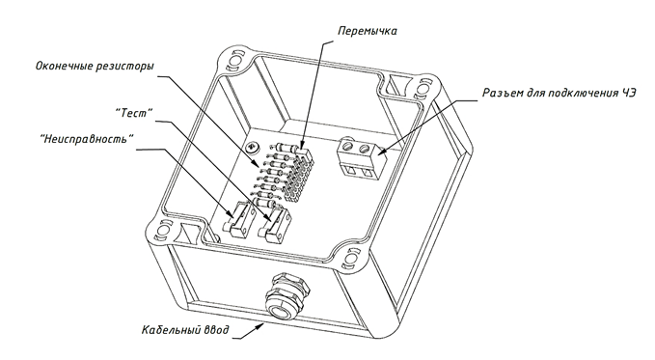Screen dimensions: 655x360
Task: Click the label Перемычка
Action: (368, 31)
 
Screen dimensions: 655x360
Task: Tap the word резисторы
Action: (124, 67)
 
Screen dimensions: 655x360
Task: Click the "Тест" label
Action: (134, 113)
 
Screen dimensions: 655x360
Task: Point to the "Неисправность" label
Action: (88, 139)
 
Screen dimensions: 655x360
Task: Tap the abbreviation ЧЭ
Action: (627, 93)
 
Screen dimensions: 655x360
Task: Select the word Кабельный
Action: (171, 330)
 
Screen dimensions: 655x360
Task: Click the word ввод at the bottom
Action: (216, 330)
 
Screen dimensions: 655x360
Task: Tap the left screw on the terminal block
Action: (347, 146)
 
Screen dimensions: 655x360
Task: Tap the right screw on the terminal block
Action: (365, 148)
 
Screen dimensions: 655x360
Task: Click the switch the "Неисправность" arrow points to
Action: (238, 219)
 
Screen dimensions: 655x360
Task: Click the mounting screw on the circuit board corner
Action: (253, 147)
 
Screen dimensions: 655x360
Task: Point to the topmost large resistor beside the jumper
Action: (287, 147)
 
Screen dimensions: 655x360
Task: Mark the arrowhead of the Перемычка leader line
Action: (304, 144)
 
